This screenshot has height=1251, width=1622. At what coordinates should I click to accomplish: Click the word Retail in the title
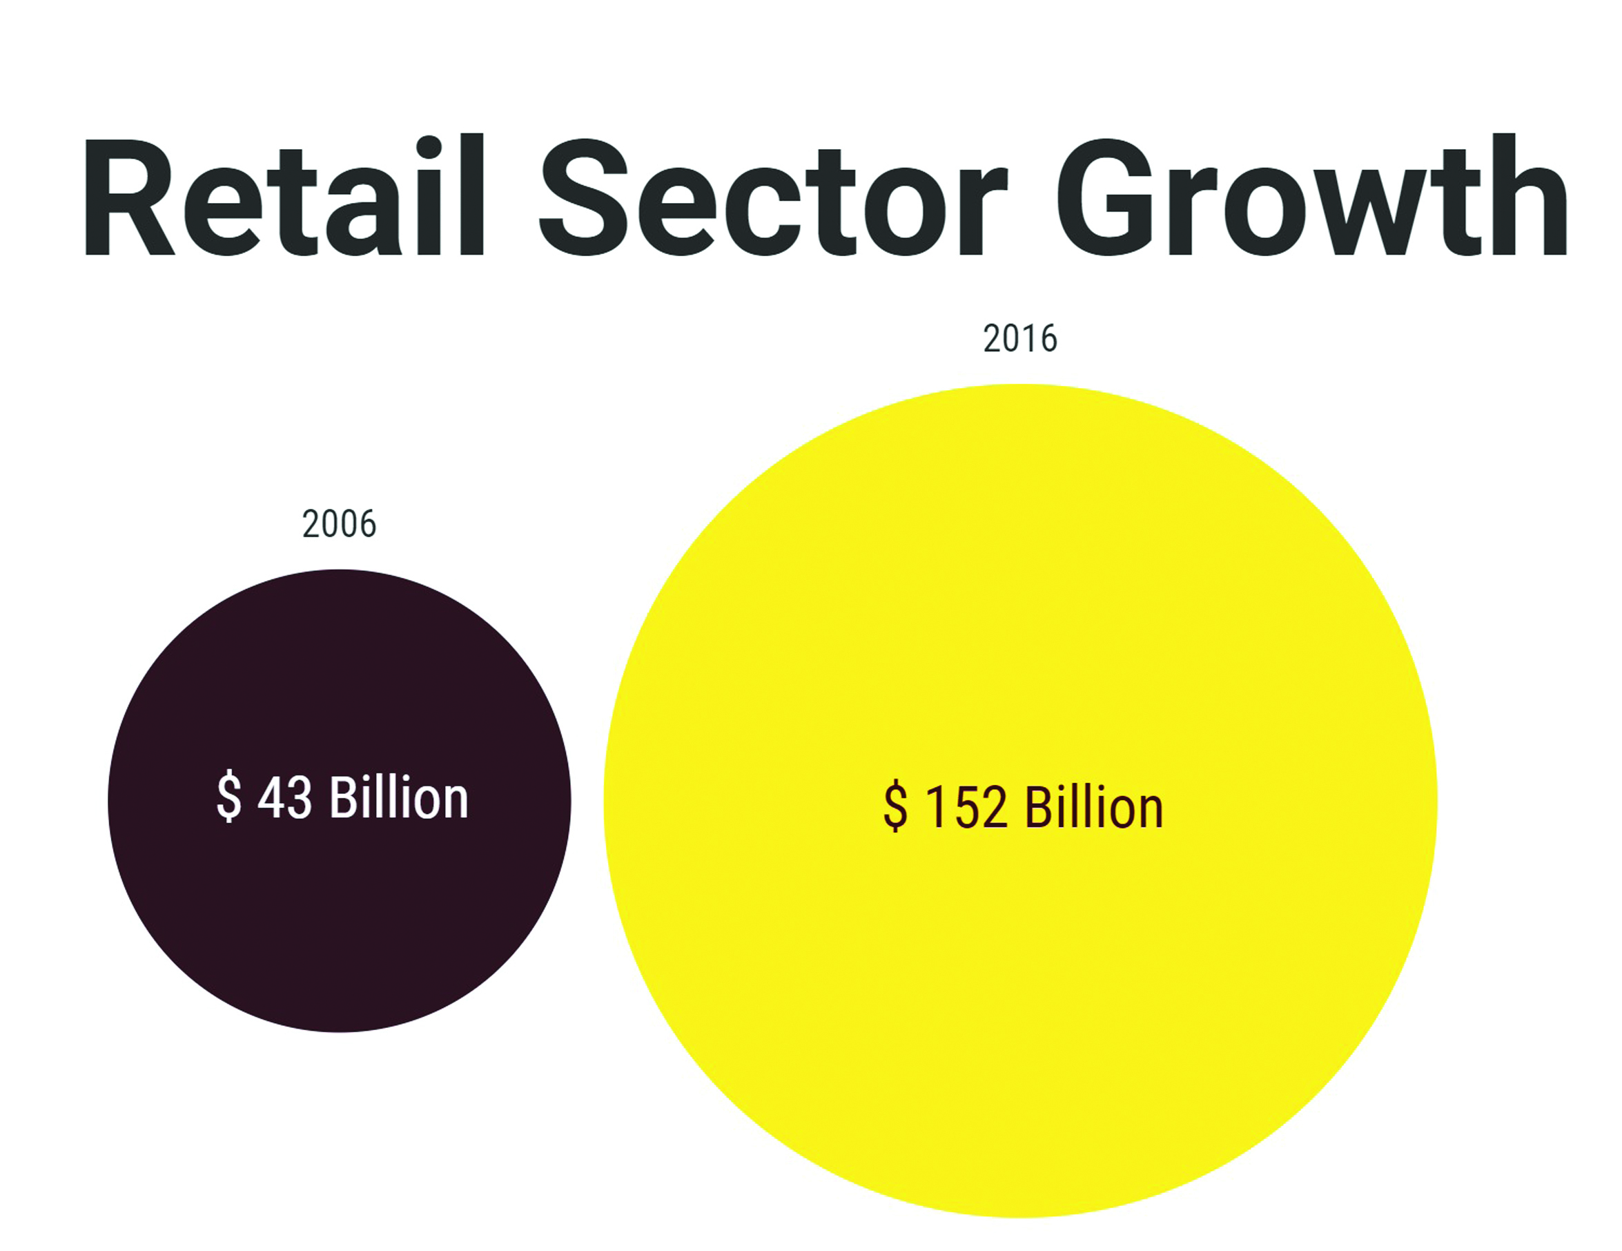coord(282,197)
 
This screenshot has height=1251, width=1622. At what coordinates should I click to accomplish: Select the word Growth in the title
coord(1311,197)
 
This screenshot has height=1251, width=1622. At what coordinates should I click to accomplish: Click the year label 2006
coord(340,525)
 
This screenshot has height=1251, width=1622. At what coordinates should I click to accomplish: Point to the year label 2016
coord(1019,340)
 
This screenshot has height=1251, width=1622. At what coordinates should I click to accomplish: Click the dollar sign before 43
coord(228,797)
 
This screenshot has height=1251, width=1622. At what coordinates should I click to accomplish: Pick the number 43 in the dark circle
coord(284,798)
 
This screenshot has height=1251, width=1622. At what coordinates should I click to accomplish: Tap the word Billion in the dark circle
coord(398,797)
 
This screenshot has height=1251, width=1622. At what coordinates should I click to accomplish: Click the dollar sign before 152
coord(896,808)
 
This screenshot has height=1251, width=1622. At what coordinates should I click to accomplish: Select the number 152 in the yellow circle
coord(966,808)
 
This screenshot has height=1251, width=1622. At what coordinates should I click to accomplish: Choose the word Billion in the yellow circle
coord(1093,808)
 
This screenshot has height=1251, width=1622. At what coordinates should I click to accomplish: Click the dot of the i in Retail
coord(429,146)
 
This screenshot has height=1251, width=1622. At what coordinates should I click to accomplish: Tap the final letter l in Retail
coord(471,197)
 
